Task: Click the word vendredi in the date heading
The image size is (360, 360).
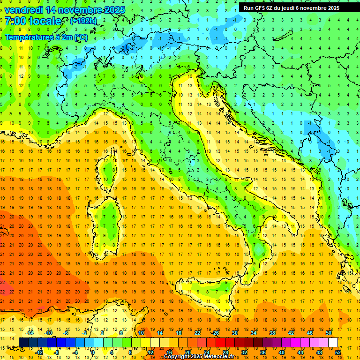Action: coord(24,10)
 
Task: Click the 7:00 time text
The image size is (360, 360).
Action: coord(15,22)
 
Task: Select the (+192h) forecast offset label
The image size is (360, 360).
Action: coord(83,21)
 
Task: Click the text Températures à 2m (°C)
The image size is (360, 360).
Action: coord(46,37)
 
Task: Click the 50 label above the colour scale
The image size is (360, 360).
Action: coord(329,333)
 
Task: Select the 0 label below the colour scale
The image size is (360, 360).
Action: coord(92,352)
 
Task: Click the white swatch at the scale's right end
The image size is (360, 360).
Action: coord(333,342)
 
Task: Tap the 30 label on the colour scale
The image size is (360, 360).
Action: coord(235,333)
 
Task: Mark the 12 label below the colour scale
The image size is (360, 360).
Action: coord(150,352)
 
